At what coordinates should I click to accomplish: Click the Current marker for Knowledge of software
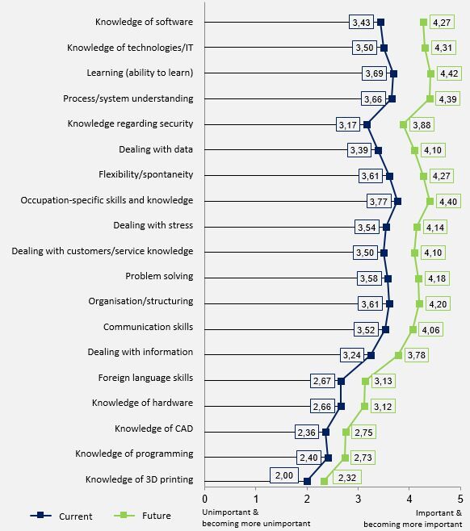pos(380,23)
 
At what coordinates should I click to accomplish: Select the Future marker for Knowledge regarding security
pos(403,125)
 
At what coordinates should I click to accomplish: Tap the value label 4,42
pos(449,73)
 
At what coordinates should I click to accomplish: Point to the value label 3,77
pos(379,202)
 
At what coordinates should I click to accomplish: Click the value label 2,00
pos(284,475)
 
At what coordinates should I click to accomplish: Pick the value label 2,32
pos(347,478)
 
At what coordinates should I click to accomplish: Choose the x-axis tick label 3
pos(359,499)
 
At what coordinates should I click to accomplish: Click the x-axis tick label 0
pos(204,499)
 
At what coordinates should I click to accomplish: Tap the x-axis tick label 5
pos(460,499)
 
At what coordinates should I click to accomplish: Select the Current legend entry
pos(61,516)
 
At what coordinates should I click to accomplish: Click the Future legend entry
pos(143,516)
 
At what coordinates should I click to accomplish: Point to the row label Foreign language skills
pos(145,378)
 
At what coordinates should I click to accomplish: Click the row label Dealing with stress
pos(153,225)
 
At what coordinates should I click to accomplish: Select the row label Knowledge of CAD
pos(154,429)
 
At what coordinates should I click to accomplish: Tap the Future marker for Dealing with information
pos(398,355)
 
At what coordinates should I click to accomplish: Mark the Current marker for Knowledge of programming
pos(328,458)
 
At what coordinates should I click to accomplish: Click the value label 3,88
pos(422,125)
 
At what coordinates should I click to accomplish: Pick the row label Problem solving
pos(159,276)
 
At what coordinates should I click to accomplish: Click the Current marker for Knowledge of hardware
pos(341,407)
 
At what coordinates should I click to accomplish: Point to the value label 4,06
pos(430,329)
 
